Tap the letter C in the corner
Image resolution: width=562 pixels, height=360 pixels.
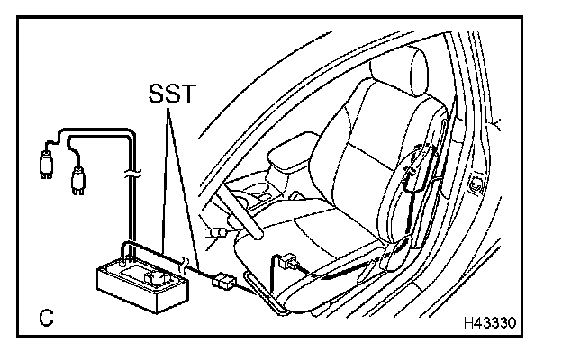click(45, 318)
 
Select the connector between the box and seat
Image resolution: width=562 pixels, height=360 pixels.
click(221, 282)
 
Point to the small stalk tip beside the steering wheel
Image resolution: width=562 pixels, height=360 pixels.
click(213, 234)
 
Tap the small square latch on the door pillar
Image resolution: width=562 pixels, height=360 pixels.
click(475, 187)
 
